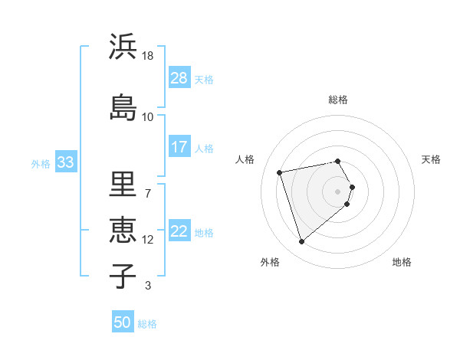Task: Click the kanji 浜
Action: point(123,47)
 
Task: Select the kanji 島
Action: point(123,106)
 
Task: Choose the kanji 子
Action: point(123,275)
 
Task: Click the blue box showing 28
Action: point(179,77)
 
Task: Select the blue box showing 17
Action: point(179,147)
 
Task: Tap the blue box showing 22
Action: point(179,231)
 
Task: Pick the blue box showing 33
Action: point(65,162)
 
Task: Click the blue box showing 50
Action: point(123,322)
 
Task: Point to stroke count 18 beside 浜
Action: point(148,56)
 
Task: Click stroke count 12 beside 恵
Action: point(148,240)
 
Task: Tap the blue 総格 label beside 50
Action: point(147,324)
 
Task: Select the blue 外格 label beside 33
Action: point(41,163)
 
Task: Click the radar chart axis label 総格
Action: point(338,100)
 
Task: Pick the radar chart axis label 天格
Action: point(432,159)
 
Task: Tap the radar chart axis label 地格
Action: point(402,263)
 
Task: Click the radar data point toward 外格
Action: point(301,242)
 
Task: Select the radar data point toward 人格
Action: point(280,172)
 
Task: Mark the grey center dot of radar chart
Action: point(338,191)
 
